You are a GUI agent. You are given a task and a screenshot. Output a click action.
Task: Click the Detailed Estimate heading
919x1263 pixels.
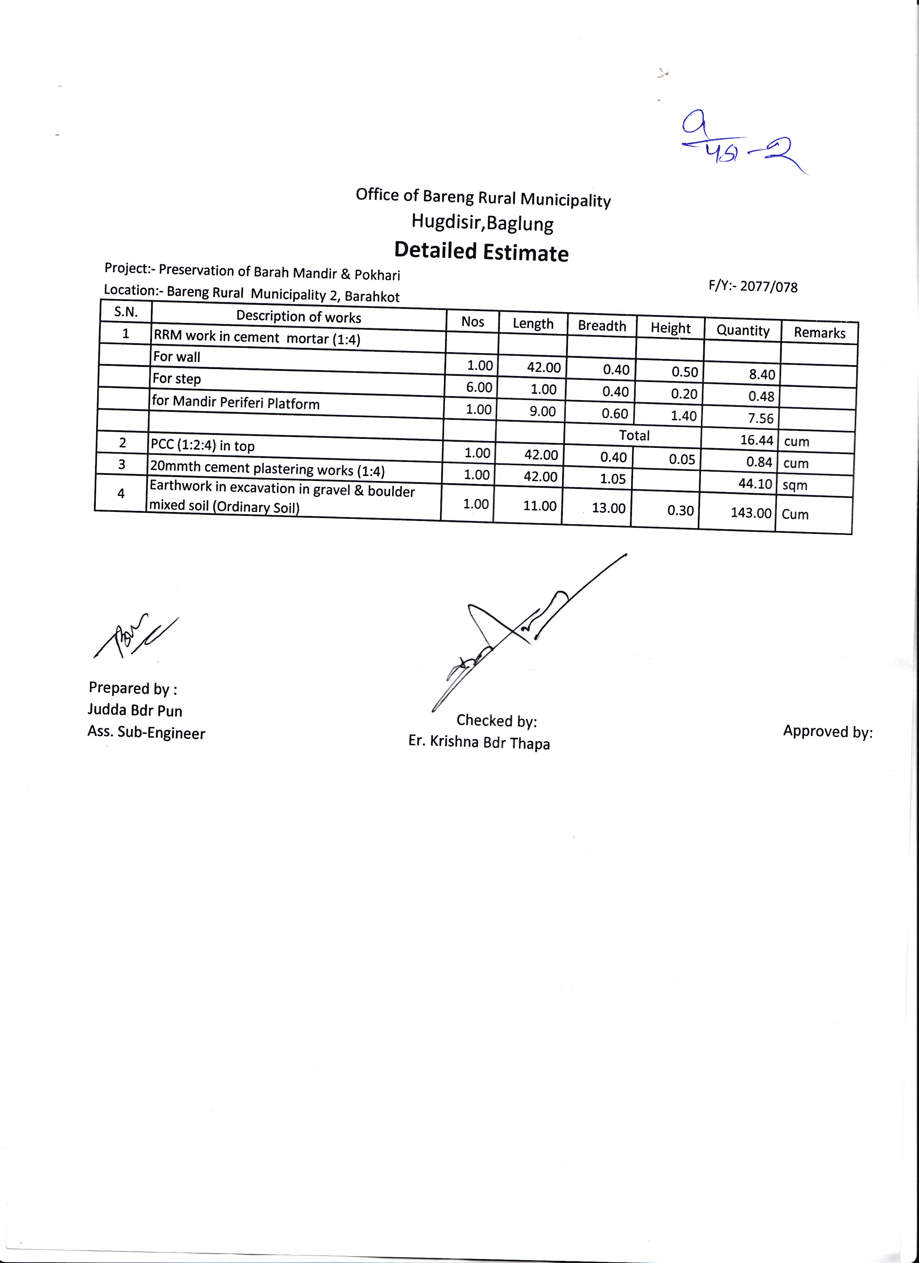(x=481, y=252)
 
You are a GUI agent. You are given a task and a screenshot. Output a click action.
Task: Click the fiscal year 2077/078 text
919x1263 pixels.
(x=753, y=286)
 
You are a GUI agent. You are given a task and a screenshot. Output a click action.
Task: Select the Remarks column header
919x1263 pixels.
(x=819, y=332)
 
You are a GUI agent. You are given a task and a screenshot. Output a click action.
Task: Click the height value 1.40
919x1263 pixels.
(x=683, y=415)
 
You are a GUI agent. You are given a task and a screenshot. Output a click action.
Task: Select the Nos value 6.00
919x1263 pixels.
(x=479, y=387)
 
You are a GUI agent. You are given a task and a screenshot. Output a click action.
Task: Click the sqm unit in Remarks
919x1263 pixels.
(x=794, y=485)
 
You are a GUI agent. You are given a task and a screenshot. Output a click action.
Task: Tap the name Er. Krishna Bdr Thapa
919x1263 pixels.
(x=479, y=742)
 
